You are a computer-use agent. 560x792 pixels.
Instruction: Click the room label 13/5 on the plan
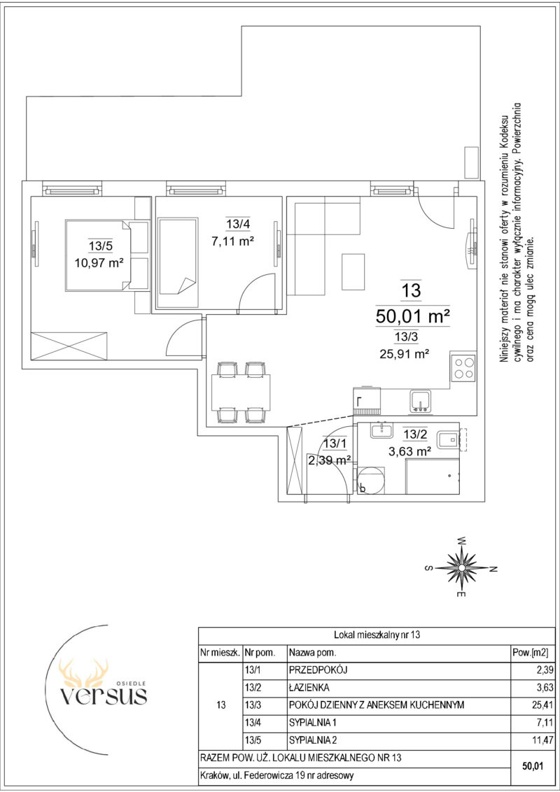click(x=97, y=246)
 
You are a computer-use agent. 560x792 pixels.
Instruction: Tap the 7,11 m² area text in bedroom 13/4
click(x=232, y=241)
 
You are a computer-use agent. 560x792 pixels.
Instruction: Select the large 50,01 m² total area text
click(x=413, y=317)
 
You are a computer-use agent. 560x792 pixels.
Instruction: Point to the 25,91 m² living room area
click(x=405, y=354)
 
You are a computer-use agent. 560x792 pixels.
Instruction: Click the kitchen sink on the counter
click(x=420, y=400)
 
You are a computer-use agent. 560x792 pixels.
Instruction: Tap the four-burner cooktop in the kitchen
click(x=464, y=368)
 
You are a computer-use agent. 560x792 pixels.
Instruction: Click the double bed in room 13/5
click(x=106, y=255)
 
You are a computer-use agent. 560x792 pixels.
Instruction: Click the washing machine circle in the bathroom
click(x=371, y=480)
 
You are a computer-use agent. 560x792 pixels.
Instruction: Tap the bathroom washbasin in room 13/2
click(x=379, y=430)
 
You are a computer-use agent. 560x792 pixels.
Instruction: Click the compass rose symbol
click(x=461, y=567)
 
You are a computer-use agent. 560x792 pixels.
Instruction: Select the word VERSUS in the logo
click(x=104, y=695)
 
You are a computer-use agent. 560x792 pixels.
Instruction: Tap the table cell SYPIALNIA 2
click(x=312, y=740)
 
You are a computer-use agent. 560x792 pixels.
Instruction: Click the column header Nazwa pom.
click(x=312, y=652)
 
